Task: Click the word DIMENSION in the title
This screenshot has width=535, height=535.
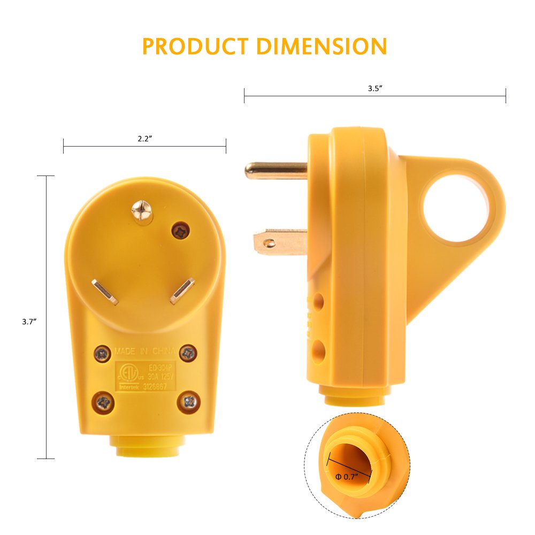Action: [x=321, y=47]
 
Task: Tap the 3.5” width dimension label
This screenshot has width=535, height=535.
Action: [x=375, y=89]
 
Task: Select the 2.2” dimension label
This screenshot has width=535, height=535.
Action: [x=145, y=139]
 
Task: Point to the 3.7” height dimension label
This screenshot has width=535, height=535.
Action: [x=29, y=322]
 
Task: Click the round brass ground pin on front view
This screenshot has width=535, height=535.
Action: [x=143, y=211]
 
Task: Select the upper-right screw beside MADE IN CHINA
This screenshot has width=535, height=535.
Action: [x=187, y=352]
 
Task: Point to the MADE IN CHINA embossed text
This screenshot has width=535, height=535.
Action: [x=144, y=351]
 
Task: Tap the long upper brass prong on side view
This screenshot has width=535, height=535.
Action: [x=276, y=171]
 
